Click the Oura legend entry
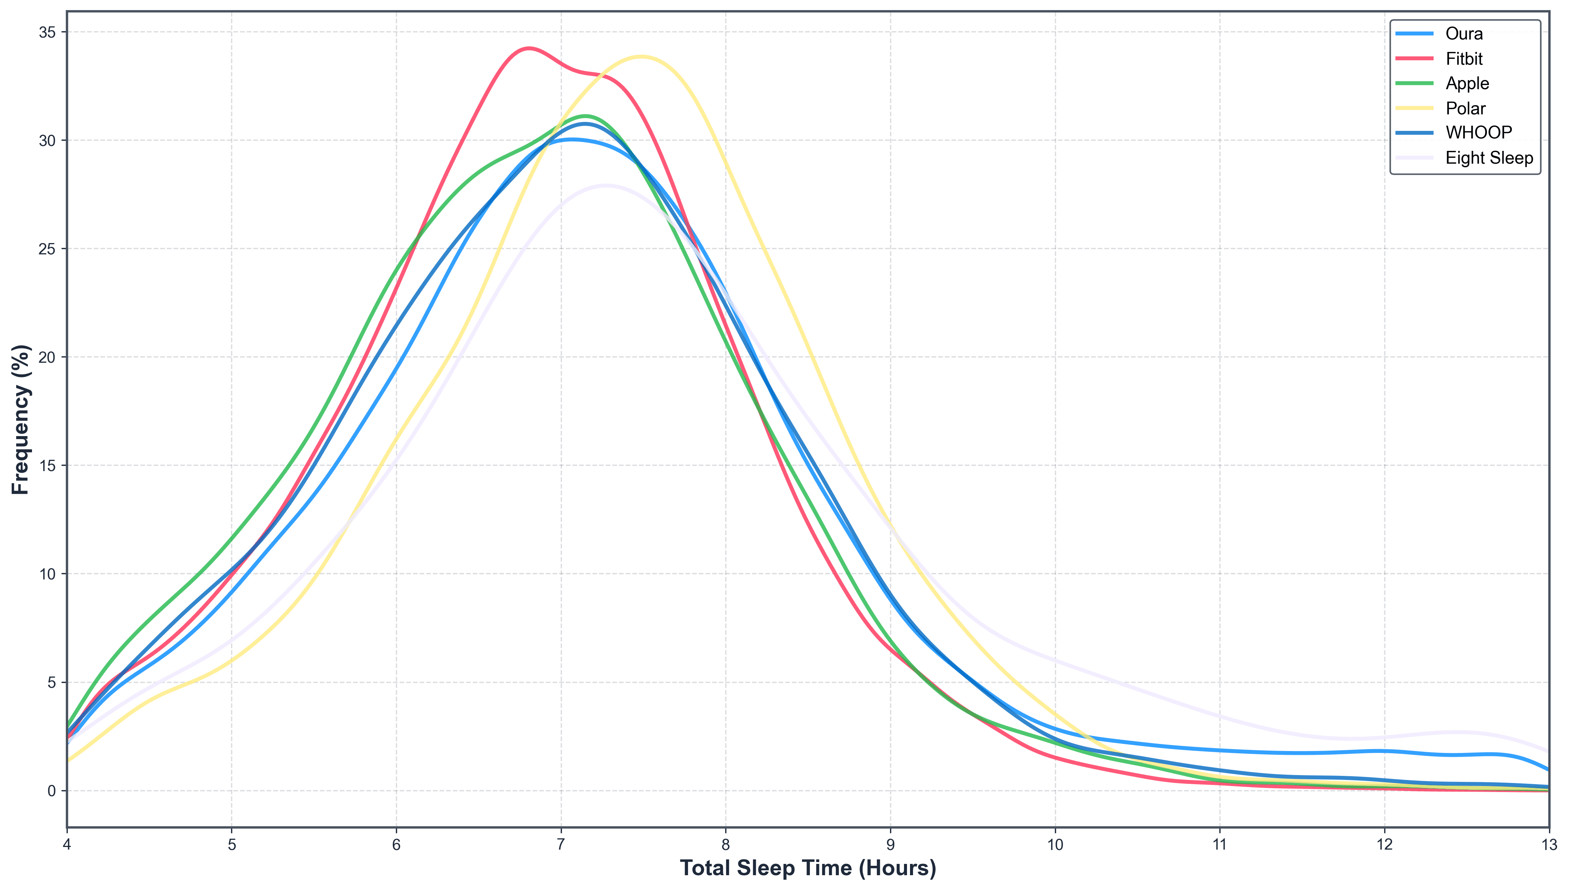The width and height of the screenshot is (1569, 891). pyautogui.click(x=1464, y=33)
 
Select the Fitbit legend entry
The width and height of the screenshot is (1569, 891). pyautogui.click(x=1464, y=59)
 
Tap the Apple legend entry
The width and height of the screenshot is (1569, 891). pyautogui.click(x=1467, y=83)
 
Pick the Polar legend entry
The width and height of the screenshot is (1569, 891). pyautogui.click(x=1465, y=108)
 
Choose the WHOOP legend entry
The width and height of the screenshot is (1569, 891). pyautogui.click(x=1478, y=133)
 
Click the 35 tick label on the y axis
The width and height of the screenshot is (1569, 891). pyautogui.click(x=47, y=32)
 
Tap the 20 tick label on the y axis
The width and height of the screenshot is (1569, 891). pyautogui.click(x=47, y=357)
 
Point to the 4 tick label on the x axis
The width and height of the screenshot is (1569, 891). pyautogui.click(x=67, y=845)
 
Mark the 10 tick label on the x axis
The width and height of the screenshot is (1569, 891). pyautogui.click(x=1055, y=845)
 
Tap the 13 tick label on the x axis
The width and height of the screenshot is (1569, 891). pyautogui.click(x=1549, y=845)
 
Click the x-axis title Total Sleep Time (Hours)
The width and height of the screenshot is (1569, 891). pyautogui.click(x=808, y=868)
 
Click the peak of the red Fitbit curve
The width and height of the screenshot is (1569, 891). pyautogui.click(x=528, y=48)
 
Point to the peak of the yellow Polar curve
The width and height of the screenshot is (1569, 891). pyautogui.click(x=641, y=57)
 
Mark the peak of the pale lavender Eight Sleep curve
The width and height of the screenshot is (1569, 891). pyautogui.click(x=606, y=185)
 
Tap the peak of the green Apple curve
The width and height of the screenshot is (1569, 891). pyautogui.click(x=586, y=116)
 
